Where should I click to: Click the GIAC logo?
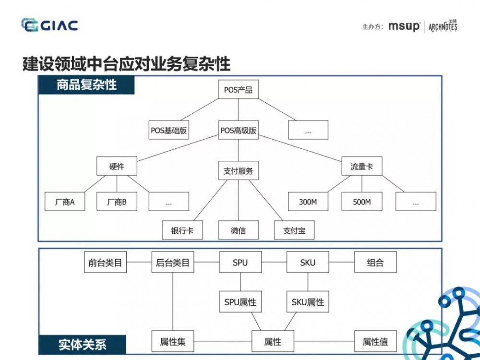(x=49, y=25)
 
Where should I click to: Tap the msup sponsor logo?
(x=404, y=27)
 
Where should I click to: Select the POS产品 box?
(x=238, y=90)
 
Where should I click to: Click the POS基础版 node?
(x=168, y=130)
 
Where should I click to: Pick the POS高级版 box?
(x=238, y=130)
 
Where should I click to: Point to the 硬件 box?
(x=117, y=167)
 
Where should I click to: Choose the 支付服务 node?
(x=238, y=170)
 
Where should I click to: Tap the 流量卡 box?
(x=361, y=167)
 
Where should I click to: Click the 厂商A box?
(x=65, y=202)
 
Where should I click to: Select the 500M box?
(x=361, y=202)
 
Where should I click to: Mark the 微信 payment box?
(x=238, y=230)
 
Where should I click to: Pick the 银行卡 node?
(x=182, y=230)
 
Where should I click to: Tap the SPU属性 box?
(x=240, y=302)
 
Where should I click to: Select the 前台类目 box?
(x=105, y=263)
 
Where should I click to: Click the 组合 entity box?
(x=375, y=263)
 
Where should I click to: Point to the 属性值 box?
(x=375, y=342)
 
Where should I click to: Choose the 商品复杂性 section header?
(x=86, y=85)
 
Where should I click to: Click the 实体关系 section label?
(x=82, y=345)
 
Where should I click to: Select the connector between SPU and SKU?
(x=274, y=263)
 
